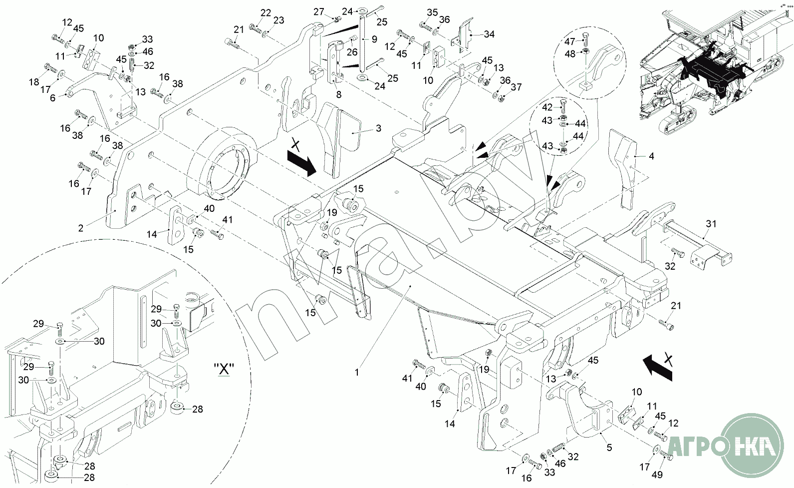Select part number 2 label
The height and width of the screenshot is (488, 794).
tap(80, 228)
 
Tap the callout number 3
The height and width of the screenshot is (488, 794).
tap(378, 128)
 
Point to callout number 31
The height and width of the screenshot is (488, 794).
tap(711, 224)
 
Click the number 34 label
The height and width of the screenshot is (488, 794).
tap(489, 34)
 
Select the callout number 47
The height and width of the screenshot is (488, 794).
tap(569, 41)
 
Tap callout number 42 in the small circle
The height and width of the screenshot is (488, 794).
tap(547, 107)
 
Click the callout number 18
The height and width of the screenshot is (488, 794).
tap(34, 81)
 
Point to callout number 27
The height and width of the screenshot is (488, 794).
tap(319, 12)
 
